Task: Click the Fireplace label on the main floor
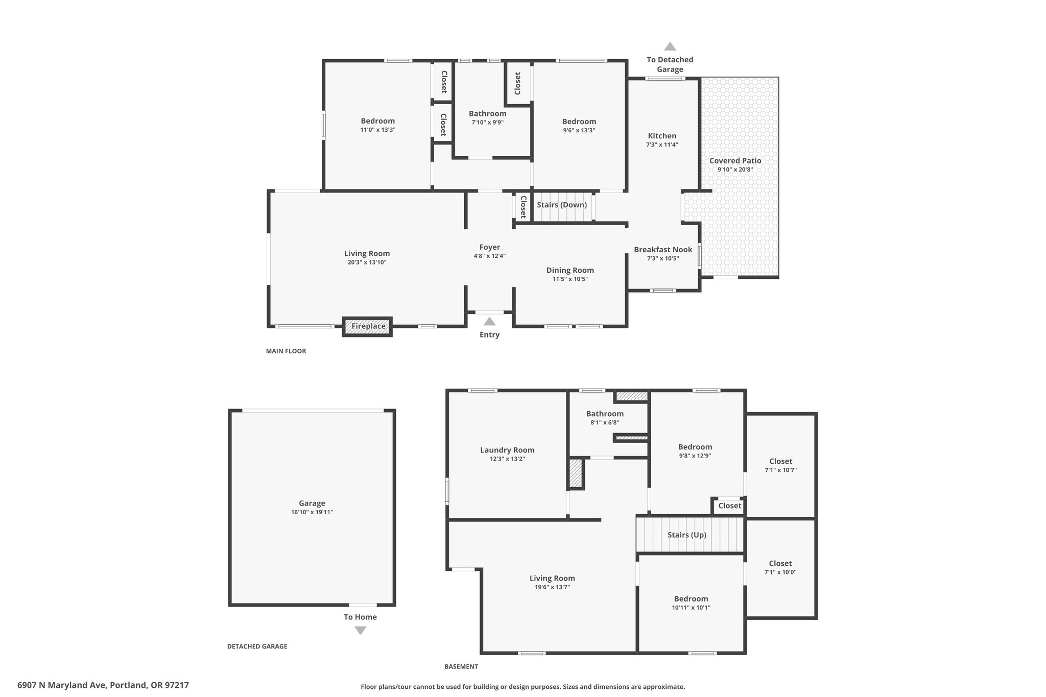click(x=368, y=326)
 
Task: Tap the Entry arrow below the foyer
click(x=489, y=321)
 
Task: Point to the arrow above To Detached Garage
click(x=670, y=46)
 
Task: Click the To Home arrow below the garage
click(x=360, y=631)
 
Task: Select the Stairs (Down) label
click(x=562, y=205)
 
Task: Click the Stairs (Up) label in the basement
click(x=687, y=535)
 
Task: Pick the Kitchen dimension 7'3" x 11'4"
click(x=662, y=145)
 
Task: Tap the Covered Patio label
click(x=735, y=161)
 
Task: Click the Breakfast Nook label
click(x=663, y=250)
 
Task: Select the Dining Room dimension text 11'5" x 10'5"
click(x=570, y=279)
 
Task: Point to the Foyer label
click(x=489, y=247)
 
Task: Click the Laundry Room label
click(x=507, y=450)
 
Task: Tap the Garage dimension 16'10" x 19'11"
click(x=312, y=512)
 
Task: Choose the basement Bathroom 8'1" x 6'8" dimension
click(x=605, y=422)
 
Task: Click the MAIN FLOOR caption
click(x=286, y=351)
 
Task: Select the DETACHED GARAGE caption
click(x=257, y=646)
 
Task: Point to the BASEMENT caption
click(x=461, y=666)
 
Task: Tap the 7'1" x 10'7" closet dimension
click(x=780, y=470)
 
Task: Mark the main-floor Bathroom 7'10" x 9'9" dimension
click(x=487, y=122)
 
